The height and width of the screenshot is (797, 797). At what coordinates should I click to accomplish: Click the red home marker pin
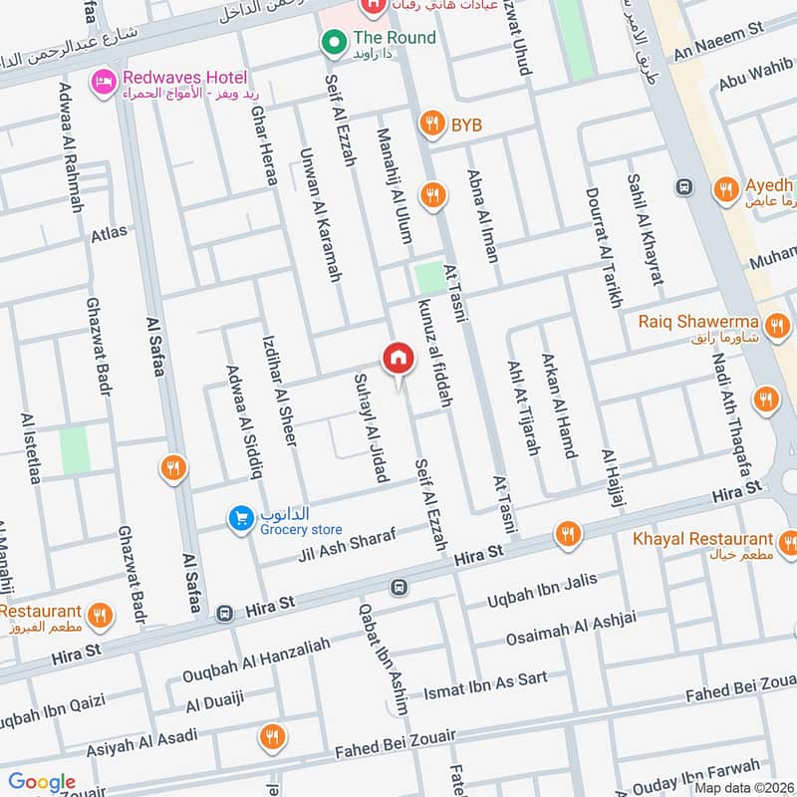pyautogui.click(x=398, y=358)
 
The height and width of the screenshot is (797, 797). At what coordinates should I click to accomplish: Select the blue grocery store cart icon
pyautogui.click(x=240, y=518)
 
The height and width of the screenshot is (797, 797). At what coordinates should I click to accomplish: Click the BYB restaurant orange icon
pyautogui.click(x=431, y=124)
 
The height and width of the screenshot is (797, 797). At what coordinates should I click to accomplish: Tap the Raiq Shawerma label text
pyautogui.click(x=700, y=322)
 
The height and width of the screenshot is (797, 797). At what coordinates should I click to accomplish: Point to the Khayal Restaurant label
pyautogui.click(x=702, y=539)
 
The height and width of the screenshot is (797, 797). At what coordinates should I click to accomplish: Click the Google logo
pyautogui.click(x=42, y=782)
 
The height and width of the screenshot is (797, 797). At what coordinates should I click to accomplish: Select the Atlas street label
pyautogui.click(x=109, y=233)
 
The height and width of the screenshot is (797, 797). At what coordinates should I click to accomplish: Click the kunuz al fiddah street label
pyautogui.click(x=436, y=354)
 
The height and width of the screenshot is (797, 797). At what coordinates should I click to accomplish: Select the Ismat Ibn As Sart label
pyautogui.click(x=485, y=685)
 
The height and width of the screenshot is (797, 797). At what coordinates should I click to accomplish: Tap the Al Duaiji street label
pyautogui.click(x=214, y=701)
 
